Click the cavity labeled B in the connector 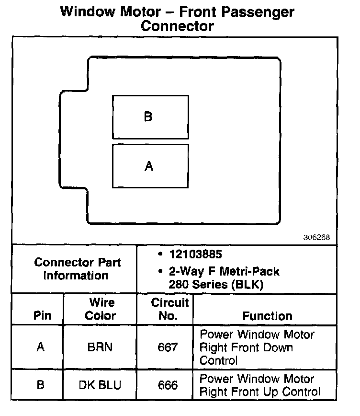point(150,117)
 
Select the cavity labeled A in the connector point(150,166)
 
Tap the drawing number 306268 point(316,237)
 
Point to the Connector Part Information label point(77,269)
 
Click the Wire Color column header point(101,309)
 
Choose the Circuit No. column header point(169,309)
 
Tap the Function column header point(267,316)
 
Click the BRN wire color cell point(101,347)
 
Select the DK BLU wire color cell point(101,385)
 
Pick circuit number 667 point(168,347)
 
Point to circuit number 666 point(168,385)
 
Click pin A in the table point(41,347)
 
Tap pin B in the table point(41,385)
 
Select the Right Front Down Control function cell point(257,347)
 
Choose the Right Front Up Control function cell point(259,385)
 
